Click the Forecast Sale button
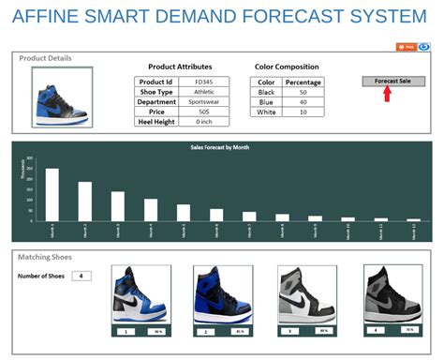coord(392,82)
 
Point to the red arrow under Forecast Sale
coord(386,95)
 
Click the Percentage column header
coord(303,82)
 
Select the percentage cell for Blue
coord(303,102)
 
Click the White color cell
coord(266,112)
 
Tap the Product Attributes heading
coord(180,67)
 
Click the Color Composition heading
coord(287,67)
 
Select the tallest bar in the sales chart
coord(52,194)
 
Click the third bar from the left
coord(118,205)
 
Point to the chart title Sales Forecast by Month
coord(221,147)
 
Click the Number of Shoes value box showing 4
coord(82,276)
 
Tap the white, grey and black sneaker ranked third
coord(304,294)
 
